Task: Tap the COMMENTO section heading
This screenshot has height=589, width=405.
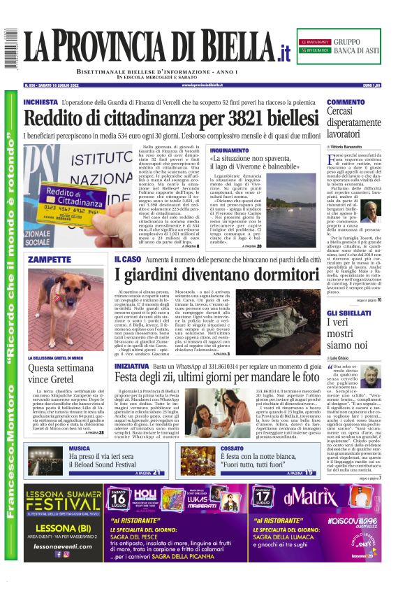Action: tap(346, 102)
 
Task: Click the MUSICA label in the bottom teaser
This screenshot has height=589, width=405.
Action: tap(79, 448)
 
